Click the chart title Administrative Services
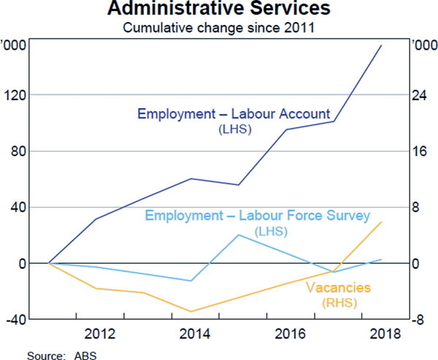pyautogui.click(x=218, y=11)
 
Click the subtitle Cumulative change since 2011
pyautogui.click(x=218, y=29)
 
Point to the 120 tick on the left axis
pyautogui.click(x=15, y=95)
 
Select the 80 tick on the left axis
pyautogui.click(x=18, y=151)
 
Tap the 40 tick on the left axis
pyautogui.click(x=18, y=207)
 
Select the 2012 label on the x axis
pyautogui.click(x=99, y=335)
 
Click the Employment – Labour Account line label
pyautogui.click(x=234, y=115)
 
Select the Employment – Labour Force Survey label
pyautogui.click(x=258, y=216)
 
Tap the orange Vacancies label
pyautogui.click(x=338, y=288)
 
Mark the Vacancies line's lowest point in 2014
pyautogui.click(x=191, y=312)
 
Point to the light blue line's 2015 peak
pyautogui.click(x=239, y=234)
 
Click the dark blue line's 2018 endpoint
pyautogui.click(x=381, y=45)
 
